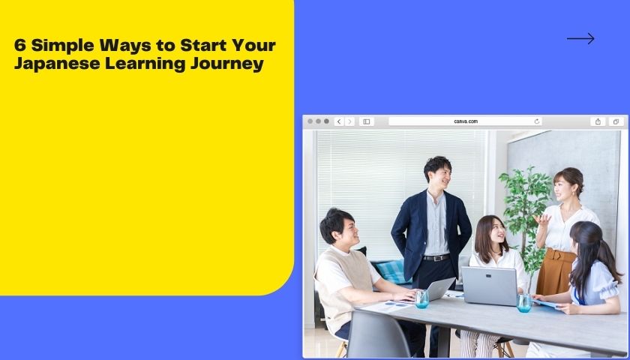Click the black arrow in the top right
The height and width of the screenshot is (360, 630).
pos(580,38)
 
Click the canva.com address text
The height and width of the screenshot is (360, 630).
pos(466,121)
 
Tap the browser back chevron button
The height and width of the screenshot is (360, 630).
pos(339,121)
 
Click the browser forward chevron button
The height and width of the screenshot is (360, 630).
pos(349,121)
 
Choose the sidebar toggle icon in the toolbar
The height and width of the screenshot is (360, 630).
pos(367,121)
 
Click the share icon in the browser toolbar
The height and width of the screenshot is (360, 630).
pos(598,121)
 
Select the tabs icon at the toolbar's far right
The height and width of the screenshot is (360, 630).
pos(616,121)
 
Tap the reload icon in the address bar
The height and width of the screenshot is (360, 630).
pos(537,121)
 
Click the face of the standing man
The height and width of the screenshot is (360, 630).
pos(441,174)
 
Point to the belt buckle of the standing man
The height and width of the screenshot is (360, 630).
pos(436,258)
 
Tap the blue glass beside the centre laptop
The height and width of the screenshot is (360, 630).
pos(523,302)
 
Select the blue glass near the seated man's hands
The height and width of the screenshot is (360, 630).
pos(422,299)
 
